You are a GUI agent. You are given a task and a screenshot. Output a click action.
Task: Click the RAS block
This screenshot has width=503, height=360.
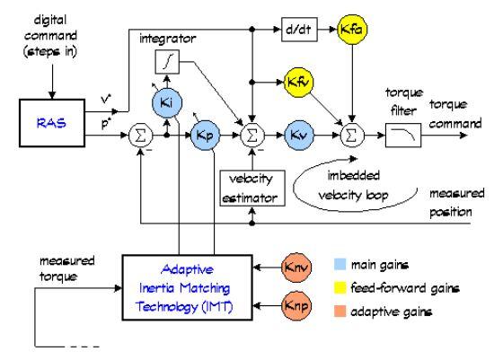[x=52, y=123]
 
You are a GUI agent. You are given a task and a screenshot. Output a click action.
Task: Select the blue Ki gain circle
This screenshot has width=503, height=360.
[x=167, y=102]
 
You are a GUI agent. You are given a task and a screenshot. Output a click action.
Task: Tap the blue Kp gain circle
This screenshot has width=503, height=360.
[x=205, y=135]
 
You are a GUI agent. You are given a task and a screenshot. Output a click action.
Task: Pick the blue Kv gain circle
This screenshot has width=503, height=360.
[x=299, y=135]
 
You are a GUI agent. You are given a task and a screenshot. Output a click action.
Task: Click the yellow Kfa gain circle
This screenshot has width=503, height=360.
[x=352, y=29]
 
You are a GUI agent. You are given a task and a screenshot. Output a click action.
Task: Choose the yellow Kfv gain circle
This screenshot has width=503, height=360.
[x=299, y=83]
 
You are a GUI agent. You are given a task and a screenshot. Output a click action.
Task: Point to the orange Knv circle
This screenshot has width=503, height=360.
[x=296, y=267]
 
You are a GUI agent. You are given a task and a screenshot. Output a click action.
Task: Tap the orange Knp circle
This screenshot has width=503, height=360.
[x=296, y=305]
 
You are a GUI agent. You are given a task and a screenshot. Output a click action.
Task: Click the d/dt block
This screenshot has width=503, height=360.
[x=299, y=30]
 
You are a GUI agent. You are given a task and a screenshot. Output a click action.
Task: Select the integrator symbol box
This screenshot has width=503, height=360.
[x=167, y=62]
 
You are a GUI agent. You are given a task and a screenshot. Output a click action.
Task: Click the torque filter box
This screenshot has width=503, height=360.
[x=403, y=136]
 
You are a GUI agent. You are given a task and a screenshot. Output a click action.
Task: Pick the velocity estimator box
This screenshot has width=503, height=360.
[x=252, y=188]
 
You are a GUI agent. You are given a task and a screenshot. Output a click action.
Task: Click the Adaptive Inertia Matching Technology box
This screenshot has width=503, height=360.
[x=188, y=287]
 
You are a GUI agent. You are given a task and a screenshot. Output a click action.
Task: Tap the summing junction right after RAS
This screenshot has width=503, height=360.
[x=140, y=136]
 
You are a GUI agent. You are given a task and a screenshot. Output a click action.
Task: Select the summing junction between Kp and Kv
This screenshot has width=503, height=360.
[x=252, y=136]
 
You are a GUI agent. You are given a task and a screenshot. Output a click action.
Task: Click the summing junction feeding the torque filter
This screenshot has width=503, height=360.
[x=352, y=136]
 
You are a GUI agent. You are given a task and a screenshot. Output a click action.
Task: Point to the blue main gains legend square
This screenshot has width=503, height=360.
[x=340, y=265]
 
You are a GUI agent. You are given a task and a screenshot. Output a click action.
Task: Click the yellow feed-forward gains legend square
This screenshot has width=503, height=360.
[x=340, y=287]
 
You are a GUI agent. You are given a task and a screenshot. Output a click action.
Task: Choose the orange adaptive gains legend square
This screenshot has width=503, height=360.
[x=340, y=311]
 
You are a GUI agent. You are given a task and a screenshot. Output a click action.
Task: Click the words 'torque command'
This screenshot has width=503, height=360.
[x=455, y=114]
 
